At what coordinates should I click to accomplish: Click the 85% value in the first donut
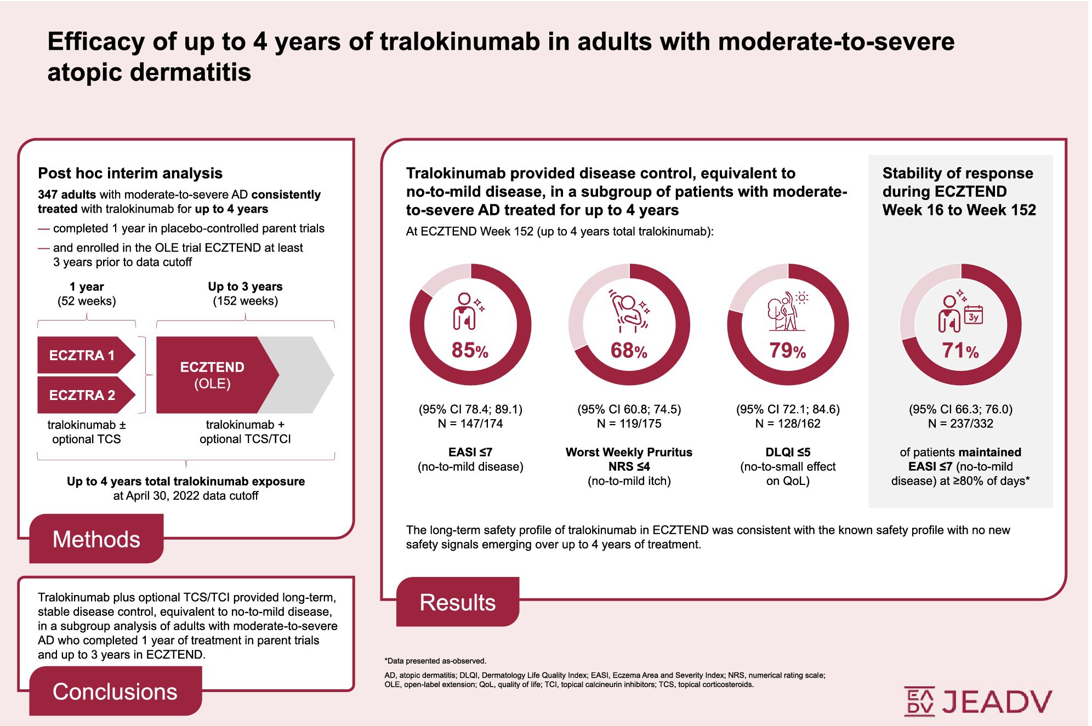470,350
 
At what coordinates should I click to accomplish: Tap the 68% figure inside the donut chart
629,351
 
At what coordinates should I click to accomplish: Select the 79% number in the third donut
787,351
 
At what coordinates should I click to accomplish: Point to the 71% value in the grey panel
960,351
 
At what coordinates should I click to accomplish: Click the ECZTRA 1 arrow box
82,355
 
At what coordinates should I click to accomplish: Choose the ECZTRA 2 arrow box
82,395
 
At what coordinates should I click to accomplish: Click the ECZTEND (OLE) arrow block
213,375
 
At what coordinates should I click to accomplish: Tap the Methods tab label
96,539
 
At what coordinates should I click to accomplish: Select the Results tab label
457,602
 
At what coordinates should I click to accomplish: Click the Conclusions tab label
115,691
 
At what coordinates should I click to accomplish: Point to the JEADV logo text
997,702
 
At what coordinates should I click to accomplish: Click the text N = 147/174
470,424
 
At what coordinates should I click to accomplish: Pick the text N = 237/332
960,424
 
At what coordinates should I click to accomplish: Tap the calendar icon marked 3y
974,315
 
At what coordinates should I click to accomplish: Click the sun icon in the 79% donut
802,298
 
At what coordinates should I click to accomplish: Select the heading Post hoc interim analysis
130,173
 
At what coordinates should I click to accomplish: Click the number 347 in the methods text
48,195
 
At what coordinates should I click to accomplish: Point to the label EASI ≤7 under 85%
470,452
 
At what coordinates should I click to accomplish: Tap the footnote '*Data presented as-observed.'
435,661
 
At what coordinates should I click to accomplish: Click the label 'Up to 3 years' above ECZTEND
245,287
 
